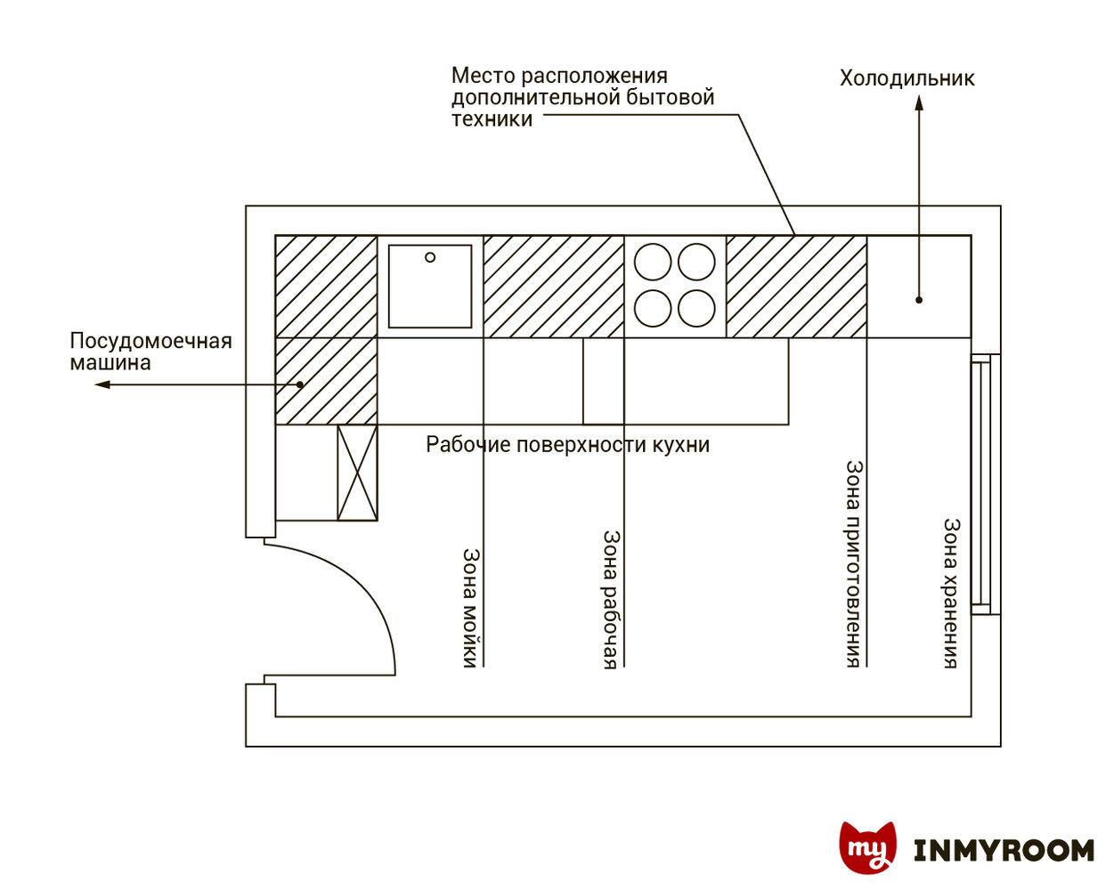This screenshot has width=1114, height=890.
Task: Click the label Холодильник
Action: coord(907,78)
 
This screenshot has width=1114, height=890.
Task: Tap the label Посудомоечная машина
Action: coord(150,352)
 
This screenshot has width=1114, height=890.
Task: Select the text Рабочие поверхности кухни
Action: coord(567,444)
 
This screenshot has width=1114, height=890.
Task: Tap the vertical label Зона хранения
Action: coord(951,593)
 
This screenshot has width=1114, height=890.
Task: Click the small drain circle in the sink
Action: coord(430,257)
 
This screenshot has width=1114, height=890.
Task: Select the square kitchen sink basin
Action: coord(430,287)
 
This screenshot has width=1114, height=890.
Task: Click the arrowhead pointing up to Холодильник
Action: coord(919,103)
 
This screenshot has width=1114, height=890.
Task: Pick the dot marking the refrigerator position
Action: coord(919,300)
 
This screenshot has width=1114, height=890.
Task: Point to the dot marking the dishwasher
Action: coord(300,384)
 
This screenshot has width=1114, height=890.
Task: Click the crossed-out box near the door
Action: coord(357,473)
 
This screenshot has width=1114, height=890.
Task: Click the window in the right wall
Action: coord(980,485)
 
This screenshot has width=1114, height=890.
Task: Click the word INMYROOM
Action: coord(1004,851)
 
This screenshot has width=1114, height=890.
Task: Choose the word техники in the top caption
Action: coord(492,119)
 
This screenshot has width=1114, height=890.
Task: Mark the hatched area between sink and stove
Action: coord(553,287)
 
